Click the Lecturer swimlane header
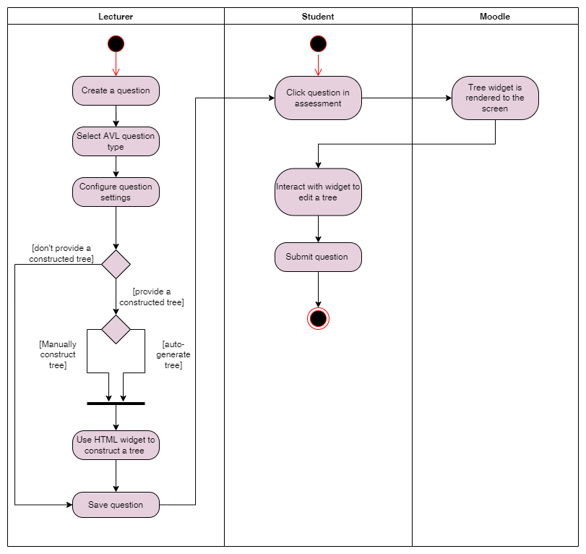(116, 16)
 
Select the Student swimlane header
(318, 16)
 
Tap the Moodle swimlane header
(495, 16)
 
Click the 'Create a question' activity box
(116, 91)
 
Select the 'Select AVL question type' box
(116, 141)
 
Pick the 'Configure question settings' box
(116, 192)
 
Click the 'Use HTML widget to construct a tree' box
(116, 445)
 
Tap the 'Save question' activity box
(116, 505)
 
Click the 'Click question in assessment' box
(318, 98)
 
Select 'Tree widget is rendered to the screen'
(495, 98)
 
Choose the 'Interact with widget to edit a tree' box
(318, 192)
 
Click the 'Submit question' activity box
(318, 257)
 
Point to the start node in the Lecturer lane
(116, 43)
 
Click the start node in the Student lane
(318, 43)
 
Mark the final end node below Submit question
(318, 318)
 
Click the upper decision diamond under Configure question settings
(116, 264)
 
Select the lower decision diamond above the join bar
(116, 329)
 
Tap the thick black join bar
(116, 403)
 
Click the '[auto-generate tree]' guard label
(173, 354)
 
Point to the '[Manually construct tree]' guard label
(58, 354)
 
